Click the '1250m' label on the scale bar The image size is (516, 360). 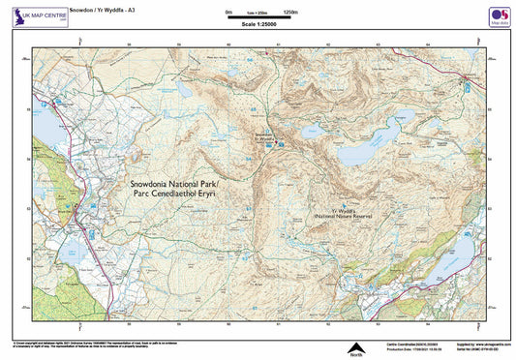click(x=288, y=12)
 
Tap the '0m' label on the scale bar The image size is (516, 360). click(x=228, y=12)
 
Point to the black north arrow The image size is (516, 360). click(x=354, y=345)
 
